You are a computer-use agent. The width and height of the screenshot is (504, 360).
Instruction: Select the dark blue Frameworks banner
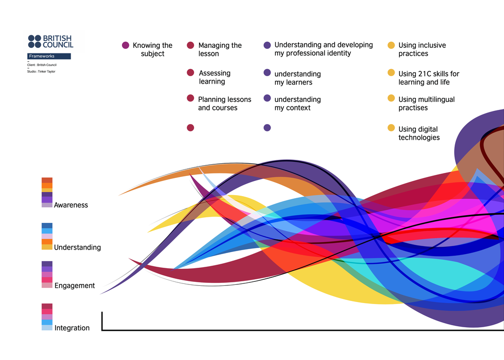coord(49,56)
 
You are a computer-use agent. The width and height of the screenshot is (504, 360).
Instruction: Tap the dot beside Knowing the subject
coord(125,45)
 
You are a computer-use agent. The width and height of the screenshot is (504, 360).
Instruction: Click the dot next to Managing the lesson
coord(191,45)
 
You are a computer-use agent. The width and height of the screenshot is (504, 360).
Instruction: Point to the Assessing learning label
coord(214,77)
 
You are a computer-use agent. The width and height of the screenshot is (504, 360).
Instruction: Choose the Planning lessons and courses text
coord(224,103)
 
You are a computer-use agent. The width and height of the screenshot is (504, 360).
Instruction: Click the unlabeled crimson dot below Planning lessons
coord(191,128)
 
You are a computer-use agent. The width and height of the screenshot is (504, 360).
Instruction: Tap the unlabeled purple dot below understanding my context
coord(267,128)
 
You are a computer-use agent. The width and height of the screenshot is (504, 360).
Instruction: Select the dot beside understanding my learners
coord(267,73)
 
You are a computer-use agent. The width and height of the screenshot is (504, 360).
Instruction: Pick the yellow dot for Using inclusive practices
coord(391,45)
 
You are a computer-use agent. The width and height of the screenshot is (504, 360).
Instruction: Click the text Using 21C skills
coord(428,74)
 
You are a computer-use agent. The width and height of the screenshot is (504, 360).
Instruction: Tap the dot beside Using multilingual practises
coord(391,98)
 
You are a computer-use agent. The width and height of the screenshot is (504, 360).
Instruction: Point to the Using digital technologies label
coord(419,134)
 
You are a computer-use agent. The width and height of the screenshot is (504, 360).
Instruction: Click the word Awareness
coord(71,205)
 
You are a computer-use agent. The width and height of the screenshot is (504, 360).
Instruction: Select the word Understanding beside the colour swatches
coord(77,248)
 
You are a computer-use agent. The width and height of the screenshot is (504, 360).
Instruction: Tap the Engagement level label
coord(75,286)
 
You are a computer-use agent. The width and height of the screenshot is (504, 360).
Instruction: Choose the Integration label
coord(72,328)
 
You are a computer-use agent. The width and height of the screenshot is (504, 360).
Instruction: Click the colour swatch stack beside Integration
coord(47,317)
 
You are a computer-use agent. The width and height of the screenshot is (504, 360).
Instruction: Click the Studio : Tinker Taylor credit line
coord(41,72)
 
